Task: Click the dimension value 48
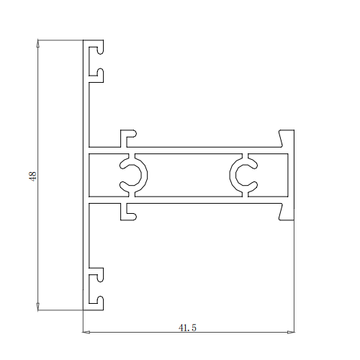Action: [x=32, y=175]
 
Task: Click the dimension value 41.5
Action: [x=187, y=327]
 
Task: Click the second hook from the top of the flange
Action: [x=96, y=73]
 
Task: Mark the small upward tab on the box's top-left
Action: [x=128, y=135]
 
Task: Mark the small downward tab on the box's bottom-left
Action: [x=128, y=211]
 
